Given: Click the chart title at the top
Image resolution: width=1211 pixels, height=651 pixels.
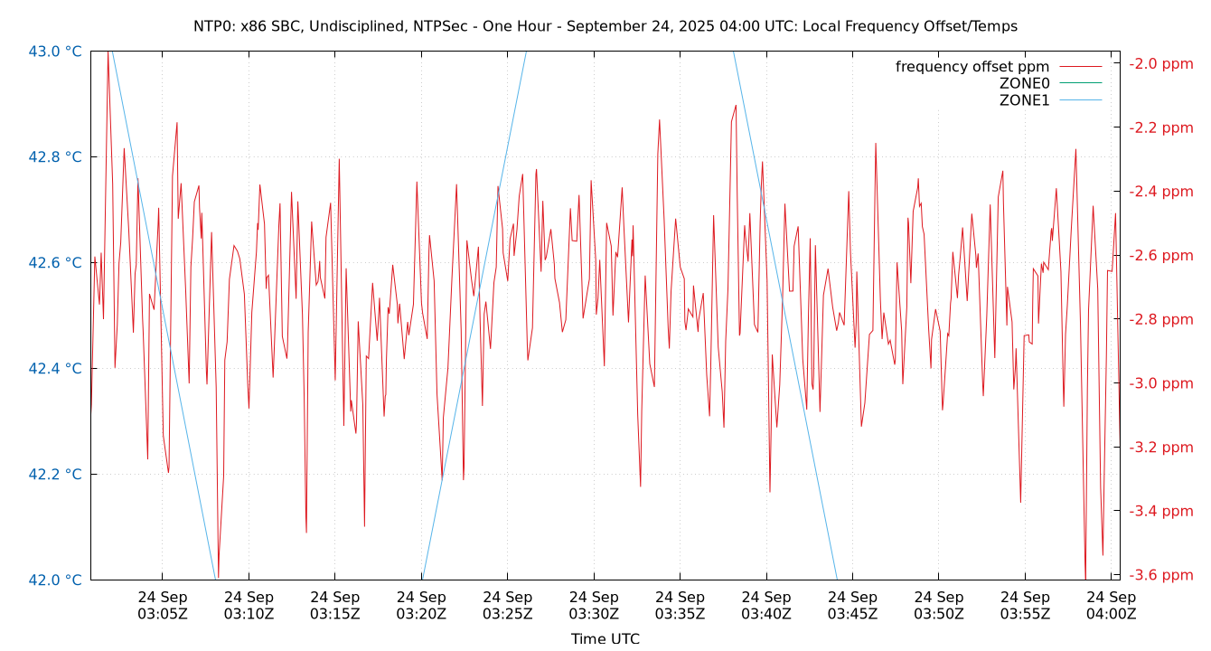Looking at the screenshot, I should tap(605, 26).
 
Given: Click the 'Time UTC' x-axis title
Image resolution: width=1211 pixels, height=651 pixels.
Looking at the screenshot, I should tap(605, 638).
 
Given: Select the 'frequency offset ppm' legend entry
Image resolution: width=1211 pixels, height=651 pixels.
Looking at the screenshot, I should tap(972, 67).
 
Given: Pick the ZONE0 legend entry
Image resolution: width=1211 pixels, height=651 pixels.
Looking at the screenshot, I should tap(1024, 83).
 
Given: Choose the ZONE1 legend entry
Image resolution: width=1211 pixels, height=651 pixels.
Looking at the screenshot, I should tap(1024, 100).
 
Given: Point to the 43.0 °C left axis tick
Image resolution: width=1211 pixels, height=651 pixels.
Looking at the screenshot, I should tap(55, 52).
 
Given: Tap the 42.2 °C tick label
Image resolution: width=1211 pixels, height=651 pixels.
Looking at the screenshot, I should tap(55, 474).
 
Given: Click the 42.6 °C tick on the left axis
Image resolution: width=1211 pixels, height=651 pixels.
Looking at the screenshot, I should tap(55, 263).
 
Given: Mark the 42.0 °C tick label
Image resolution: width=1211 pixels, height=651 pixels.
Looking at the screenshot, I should tap(55, 580).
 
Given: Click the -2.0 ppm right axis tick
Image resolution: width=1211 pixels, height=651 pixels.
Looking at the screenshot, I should tap(1163, 63).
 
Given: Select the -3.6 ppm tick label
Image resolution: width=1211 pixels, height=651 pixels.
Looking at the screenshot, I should tap(1163, 575).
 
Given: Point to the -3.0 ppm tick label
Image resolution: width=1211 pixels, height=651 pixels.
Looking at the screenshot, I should tap(1163, 383).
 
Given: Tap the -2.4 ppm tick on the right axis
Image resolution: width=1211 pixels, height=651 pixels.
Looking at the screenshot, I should tap(1163, 192).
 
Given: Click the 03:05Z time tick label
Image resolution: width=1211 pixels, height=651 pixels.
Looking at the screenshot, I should tap(163, 605).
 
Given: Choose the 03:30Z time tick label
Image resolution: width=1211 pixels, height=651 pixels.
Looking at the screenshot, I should tap(594, 605).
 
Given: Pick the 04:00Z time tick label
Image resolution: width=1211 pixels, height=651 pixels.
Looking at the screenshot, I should tap(1111, 605).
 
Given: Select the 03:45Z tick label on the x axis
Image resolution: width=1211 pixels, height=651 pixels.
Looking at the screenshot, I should tap(852, 605).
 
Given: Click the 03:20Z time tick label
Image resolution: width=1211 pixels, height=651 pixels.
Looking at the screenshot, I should tap(421, 605).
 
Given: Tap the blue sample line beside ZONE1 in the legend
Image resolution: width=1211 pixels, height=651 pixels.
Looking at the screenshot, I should tap(1080, 100).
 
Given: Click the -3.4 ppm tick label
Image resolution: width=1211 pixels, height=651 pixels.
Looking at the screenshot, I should tap(1163, 511).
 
